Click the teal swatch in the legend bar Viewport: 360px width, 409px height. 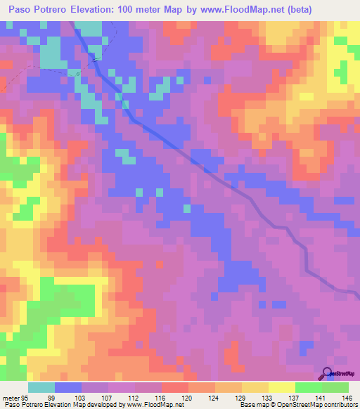tap(41, 387)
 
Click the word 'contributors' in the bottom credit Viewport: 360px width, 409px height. tap(336, 405)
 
